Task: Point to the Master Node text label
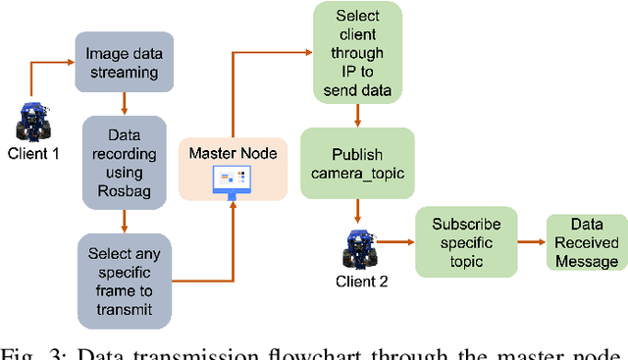tap(233, 154)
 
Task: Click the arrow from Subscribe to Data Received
tap(530, 241)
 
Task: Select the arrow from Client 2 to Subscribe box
tap(394, 240)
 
